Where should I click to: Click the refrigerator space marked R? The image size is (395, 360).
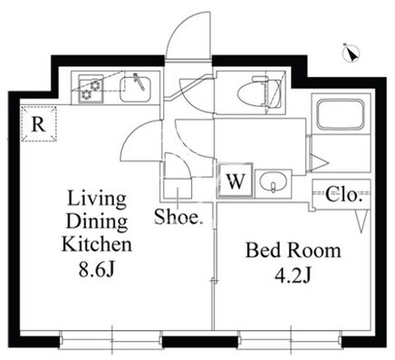click(x=39, y=123)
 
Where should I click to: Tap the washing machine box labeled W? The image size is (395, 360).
click(x=235, y=180)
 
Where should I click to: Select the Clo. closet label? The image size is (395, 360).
click(x=343, y=195)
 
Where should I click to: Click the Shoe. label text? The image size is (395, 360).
click(x=178, y=216)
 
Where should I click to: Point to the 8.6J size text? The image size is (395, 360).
click(x=96, y=270)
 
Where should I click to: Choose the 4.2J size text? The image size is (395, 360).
click(x=293, y=276)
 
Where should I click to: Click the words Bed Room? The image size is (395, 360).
click(x=293, y=250)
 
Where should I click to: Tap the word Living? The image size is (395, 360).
click(x=97, y=199)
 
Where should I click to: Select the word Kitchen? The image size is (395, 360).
click(x=97, y=244)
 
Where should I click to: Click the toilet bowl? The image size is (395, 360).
click(x=253, y=94)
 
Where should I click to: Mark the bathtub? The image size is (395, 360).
click(x=340, y=114)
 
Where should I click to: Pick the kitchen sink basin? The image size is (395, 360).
click(x=135, y=90)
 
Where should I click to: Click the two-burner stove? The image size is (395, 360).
click(x=91, y=90)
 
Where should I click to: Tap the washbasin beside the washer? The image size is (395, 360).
click(x=274, y=183)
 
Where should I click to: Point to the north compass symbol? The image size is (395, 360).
click(x=352, y=54)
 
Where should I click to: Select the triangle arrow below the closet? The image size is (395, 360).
click(x=361, y=221)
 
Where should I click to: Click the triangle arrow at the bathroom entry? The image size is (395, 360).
click(x=319, y=162)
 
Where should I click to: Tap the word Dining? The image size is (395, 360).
click(x=97, y=222)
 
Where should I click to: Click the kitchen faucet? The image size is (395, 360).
click(x=139, y=81)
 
